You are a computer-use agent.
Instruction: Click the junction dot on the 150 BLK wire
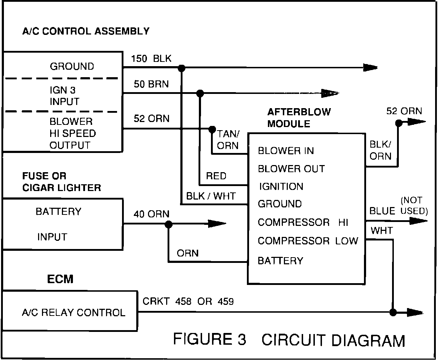click(181, 68)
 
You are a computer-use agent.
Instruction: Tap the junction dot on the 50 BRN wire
click(200, 94)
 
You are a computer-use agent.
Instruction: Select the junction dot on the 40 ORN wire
click(168, 224)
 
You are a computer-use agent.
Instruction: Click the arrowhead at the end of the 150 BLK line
click(370, 68)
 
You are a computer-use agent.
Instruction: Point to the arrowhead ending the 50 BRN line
click(330, 93)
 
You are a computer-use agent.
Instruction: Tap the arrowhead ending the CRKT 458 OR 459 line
click(415, 312)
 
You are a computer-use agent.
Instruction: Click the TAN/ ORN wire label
click(228, 140)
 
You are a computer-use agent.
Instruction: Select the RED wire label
click(216, 176)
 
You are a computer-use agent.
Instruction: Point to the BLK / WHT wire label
click(211, 196)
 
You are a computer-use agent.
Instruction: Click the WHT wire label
click(382, 231)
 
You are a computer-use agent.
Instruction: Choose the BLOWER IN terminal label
click(286, 151)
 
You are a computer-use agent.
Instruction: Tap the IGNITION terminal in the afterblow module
click(281, 186)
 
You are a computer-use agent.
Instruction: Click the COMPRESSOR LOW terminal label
click(308, 241)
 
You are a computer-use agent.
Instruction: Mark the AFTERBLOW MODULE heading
click(299, 118)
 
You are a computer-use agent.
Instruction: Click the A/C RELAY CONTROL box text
click(74, 313)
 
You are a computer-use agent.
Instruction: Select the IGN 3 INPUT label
click(64, 96)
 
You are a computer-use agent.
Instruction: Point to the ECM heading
click(60, 279)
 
